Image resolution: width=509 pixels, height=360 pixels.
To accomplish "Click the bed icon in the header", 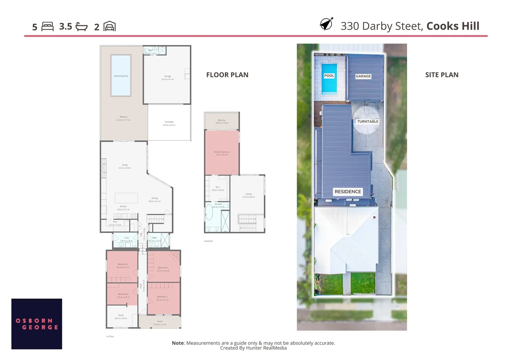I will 47,27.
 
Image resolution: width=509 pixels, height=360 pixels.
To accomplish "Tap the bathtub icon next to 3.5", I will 82,27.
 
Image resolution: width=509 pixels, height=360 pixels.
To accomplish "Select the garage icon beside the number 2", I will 110,26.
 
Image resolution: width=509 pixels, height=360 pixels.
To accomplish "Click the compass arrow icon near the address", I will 326,24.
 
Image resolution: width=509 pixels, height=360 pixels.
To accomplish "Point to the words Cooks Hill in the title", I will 453,26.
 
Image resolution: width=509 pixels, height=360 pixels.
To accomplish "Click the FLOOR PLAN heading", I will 227,75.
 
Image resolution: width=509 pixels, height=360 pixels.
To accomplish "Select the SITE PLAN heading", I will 442,75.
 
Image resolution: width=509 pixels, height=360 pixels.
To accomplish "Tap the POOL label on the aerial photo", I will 329,76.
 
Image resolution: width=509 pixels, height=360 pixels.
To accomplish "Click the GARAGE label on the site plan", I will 363,76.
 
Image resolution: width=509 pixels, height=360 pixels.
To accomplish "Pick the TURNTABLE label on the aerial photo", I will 368,122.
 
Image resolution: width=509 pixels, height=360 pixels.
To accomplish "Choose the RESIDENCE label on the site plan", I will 348,192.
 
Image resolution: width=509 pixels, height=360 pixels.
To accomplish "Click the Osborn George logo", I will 37,324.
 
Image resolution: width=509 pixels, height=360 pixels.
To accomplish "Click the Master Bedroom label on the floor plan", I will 222,153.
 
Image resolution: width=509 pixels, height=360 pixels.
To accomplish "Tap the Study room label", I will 121,317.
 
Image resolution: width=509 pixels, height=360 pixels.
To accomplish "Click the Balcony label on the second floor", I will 222,121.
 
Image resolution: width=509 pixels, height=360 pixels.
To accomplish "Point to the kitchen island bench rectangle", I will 126,198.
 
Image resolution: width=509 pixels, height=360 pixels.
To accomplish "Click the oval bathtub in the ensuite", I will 209,213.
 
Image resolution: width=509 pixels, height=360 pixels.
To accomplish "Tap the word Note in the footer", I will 178,343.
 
